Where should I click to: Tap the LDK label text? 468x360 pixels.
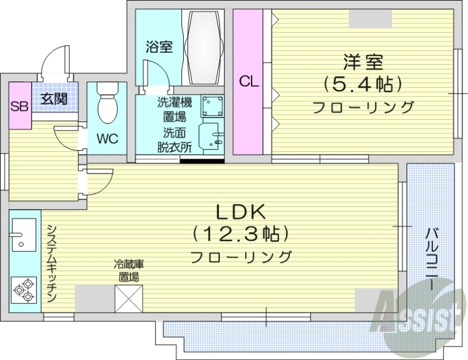242,212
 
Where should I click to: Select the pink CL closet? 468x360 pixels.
248,82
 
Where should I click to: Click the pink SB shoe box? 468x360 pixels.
20,106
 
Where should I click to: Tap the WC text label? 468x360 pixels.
107,139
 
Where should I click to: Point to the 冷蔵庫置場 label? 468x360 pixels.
129,271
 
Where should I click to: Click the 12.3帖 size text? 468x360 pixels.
242,234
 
